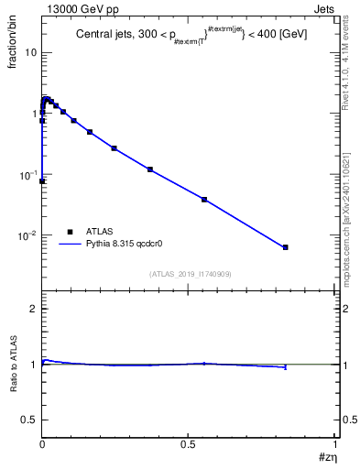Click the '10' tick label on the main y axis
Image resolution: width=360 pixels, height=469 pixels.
[x=28, y=51]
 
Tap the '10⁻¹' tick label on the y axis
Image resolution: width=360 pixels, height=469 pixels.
[x=26, y=174]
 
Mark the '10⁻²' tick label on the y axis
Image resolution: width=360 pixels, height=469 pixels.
[x=26, y=235]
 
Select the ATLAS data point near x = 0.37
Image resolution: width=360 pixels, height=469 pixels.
[x=150, y=169]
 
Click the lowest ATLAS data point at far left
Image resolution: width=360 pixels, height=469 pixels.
[x=42, y=181]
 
